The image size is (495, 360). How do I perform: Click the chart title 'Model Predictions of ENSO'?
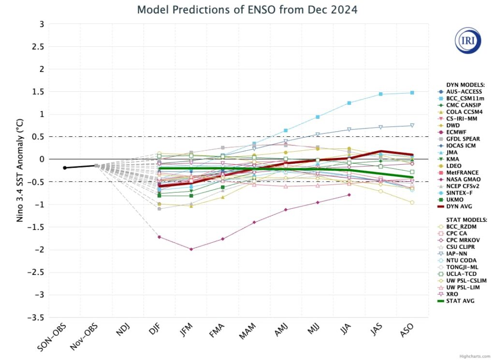coord(247,10)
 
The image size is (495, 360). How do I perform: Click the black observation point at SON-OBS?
coord(65,168)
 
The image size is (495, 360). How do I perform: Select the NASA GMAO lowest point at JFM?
coord(191,249)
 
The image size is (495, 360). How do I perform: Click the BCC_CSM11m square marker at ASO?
coord(412,92)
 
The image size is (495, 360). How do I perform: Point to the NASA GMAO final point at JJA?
coord(349,195)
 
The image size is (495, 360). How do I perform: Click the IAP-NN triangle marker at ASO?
coord(412,125)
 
